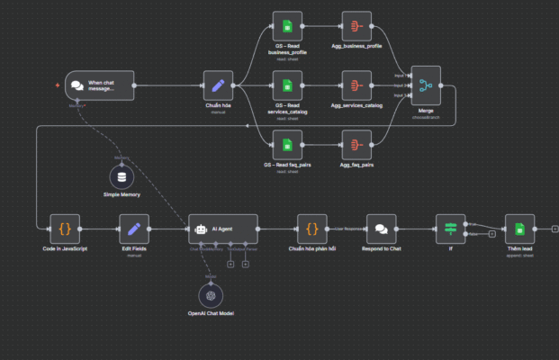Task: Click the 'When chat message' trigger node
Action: [99, 85]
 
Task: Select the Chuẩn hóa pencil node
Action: [218, 85]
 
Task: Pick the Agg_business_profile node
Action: [356, 27]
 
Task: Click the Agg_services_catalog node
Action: [356, 85]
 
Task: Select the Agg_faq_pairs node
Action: [356, 144]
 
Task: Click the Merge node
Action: [426, 85]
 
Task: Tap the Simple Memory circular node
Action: [123, 175]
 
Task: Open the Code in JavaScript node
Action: [64, 229]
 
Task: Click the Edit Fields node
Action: [134, 229]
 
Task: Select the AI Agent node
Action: [223, 229]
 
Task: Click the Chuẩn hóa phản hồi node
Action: [312, 229]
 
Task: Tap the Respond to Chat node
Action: [381, 229]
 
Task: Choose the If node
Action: [449, 229]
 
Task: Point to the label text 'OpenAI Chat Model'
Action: [211, 313]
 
